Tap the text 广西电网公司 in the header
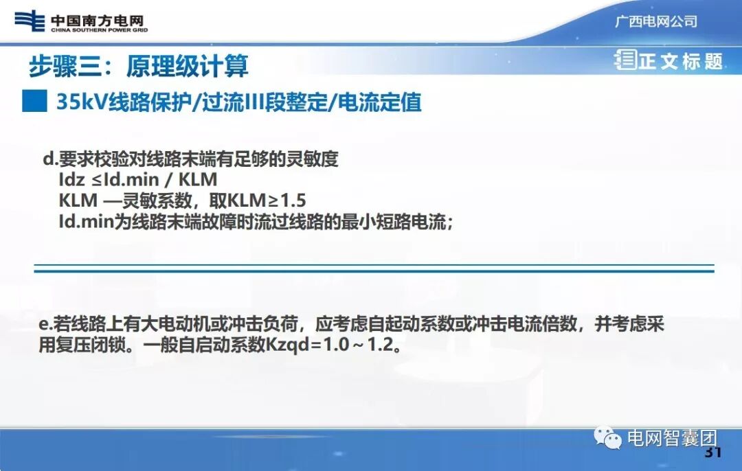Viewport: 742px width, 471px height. tap(655, 21)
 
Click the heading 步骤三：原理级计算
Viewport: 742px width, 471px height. tap(138, 66)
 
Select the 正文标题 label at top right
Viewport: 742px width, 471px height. tap(680, 61)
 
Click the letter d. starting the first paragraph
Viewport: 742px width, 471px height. tap(49, 160)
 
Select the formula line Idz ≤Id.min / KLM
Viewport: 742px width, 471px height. tap(137, 181)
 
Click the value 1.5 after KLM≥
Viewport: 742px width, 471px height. tap(291, 201)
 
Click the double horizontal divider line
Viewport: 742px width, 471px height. tap(374, 268)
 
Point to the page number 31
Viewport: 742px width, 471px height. tap(712, 453)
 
